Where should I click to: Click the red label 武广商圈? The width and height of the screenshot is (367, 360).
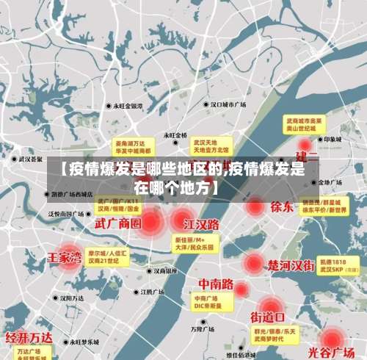pos(117,222)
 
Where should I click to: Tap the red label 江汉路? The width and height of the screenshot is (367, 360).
pos(201,223)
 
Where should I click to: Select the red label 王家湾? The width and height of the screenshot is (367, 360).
pos(65,258)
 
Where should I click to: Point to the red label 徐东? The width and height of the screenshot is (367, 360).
pos(282,206)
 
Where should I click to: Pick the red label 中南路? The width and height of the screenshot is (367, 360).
pos(216,284)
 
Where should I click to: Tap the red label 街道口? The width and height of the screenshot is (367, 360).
pos(268,317)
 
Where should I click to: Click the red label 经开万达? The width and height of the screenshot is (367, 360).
pos(29,338)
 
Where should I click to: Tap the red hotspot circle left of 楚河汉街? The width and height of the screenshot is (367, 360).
pos(253,263)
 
